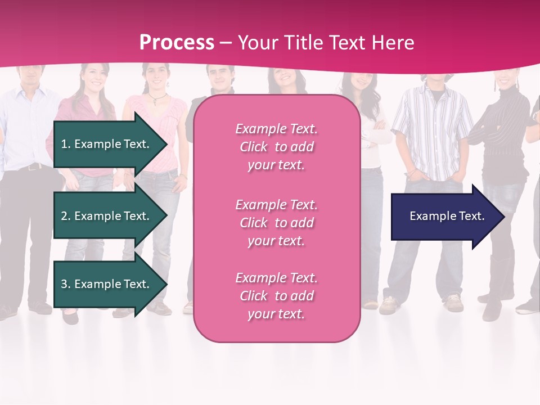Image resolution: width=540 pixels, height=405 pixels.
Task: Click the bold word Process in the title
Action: tap(177, 43)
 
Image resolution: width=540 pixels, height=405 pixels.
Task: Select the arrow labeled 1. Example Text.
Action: tap(107, 144)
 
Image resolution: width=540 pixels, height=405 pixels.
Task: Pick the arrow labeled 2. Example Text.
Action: tap(107, 216)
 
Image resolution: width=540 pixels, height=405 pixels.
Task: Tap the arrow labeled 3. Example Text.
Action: tap(107, 284)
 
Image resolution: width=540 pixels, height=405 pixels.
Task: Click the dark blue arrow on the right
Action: tap(444, 217)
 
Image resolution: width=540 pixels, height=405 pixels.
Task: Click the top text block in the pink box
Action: tap(276, 147)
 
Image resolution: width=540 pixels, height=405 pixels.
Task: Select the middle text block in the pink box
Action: tap(276, 223)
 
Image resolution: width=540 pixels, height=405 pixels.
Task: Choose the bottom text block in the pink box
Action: tap(276, 296)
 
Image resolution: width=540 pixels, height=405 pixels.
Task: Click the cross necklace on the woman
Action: tap(152, 101)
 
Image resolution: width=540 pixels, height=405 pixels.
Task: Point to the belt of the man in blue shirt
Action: tap(31, 166)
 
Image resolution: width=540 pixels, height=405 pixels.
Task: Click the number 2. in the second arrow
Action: tap(65, 216)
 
